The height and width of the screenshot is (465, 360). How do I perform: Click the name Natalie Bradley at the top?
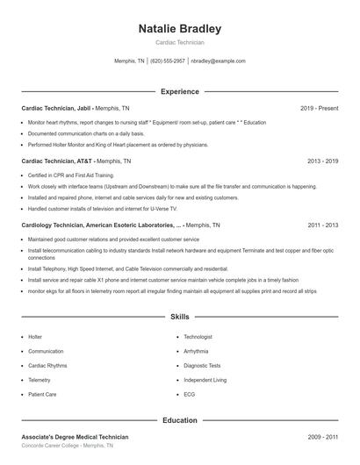[180, 29]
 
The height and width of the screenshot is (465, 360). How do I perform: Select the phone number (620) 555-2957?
[168, 61]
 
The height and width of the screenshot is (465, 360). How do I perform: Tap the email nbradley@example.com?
[218, 61]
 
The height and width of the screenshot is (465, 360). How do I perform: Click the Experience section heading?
[180, 91]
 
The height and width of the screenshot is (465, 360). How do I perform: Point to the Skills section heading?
[180, 316]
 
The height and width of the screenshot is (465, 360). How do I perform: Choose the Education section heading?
[180, 420]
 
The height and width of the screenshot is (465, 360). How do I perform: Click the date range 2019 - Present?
[319, 108]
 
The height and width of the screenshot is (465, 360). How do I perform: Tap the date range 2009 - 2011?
[322, 437]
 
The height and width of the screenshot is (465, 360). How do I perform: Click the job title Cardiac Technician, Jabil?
[56, 108]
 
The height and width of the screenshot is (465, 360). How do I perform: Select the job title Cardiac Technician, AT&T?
[57, 161]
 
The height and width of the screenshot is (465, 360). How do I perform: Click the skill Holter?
[35, 337]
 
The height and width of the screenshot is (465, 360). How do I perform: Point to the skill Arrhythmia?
[198, 351]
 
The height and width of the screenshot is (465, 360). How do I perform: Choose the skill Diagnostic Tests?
[202, 366]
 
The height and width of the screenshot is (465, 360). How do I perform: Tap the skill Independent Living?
[205, 380]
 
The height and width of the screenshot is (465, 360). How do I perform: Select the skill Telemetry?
[40, 380]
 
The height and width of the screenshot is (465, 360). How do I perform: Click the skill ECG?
[190, 395]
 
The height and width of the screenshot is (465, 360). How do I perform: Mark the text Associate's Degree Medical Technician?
[75, 437]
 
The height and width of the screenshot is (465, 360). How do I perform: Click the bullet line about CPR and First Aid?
[71, 175]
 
